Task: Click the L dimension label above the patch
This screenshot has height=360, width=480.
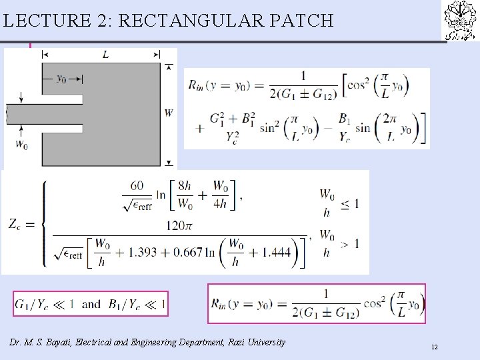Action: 105,55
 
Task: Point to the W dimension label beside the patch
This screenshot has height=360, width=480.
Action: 168,113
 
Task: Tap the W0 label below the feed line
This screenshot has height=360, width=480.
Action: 21,143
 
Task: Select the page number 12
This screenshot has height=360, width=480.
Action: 434,347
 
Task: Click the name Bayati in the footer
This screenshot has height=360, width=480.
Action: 69,342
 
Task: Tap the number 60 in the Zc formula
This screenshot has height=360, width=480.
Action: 137,185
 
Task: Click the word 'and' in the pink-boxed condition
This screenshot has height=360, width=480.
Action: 91,304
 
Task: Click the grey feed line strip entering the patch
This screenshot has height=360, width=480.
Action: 43,113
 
